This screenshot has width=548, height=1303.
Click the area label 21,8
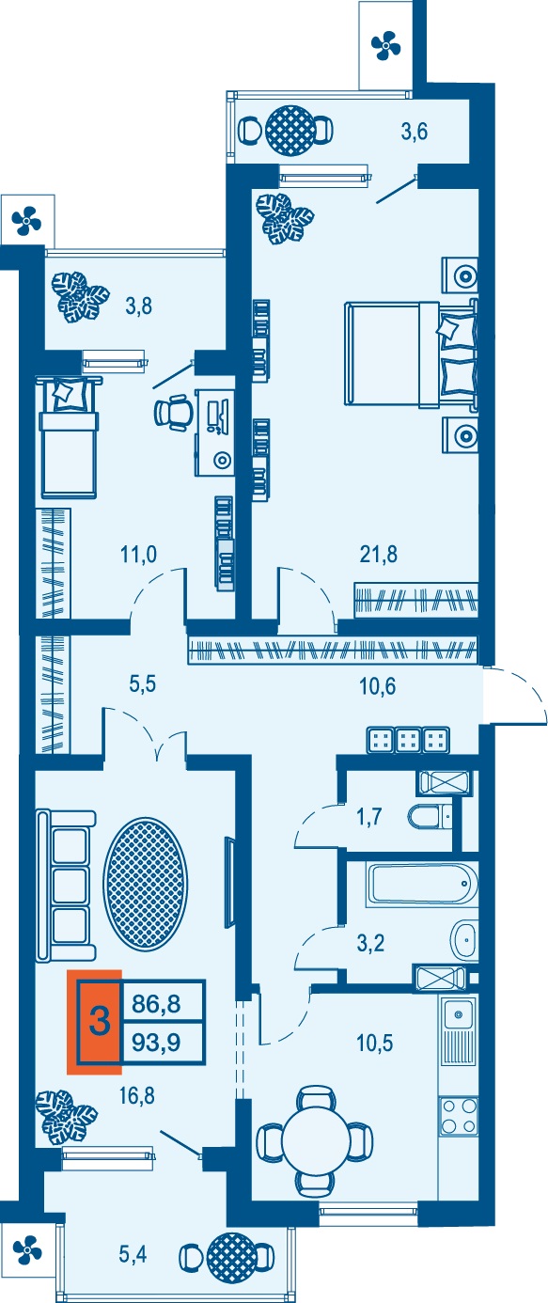tap(379, 555)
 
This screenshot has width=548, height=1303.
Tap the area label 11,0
tap(138, 555)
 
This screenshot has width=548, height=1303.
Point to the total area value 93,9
tap(156, 1043)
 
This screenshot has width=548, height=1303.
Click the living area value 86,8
tap(156, 1003)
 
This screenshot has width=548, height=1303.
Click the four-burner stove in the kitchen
tap(459, 1116)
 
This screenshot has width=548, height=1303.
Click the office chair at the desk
tap(173, 412)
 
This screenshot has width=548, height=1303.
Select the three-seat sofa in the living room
tap(66, 885)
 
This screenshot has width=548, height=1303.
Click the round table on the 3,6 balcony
tap(290, 131)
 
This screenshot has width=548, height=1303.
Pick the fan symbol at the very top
tap(385, 45)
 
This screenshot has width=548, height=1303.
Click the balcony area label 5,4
tap(133, 1255)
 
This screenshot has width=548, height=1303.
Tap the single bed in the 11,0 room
tap(68, 437)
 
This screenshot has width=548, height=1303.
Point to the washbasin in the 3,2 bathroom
tap(463, 939)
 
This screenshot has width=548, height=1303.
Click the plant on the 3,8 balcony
tap(80, 297)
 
